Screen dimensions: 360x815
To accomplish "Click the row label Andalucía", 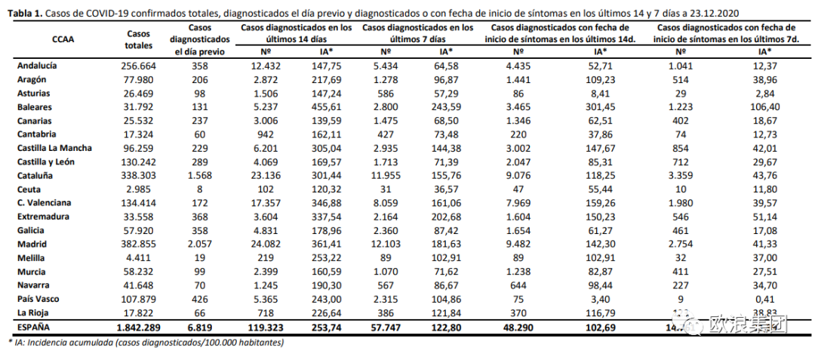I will pyautogui.click(x=37, y=66).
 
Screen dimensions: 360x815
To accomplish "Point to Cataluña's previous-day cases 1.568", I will pyautogui.click(x=195, y=176).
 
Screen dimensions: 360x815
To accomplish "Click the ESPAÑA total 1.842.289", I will pyautogui.click(x=138, y=328).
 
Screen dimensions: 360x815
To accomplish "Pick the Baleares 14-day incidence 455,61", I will pyautogui.click(x=326, y=107).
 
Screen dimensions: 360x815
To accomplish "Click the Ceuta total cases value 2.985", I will pyautogui.click(x=138, y=189).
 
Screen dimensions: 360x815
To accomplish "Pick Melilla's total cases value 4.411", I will pyautogui.click(x=138, y=258).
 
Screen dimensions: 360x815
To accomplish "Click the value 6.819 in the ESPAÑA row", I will pyautogui.click(x=195, y=328).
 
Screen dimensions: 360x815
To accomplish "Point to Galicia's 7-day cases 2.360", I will pyautogui.click(x=385, y=231).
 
